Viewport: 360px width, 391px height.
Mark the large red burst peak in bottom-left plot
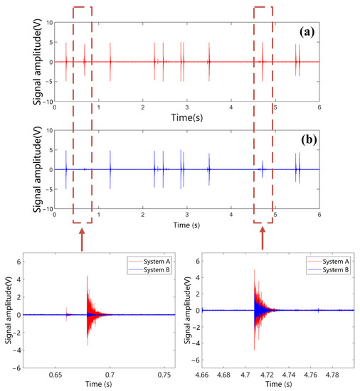[87, 277]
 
